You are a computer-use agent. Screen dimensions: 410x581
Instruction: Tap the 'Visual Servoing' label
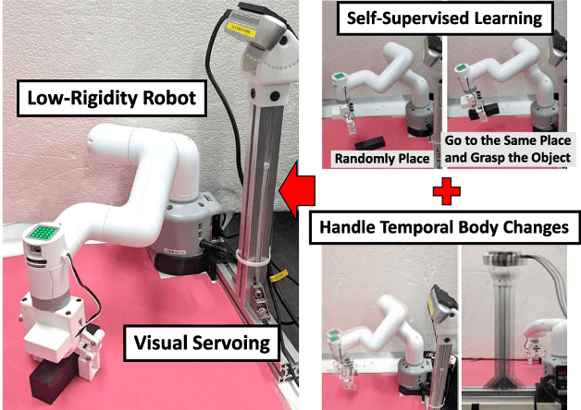[202, 344]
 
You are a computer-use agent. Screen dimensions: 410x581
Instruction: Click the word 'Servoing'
[231, 344]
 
